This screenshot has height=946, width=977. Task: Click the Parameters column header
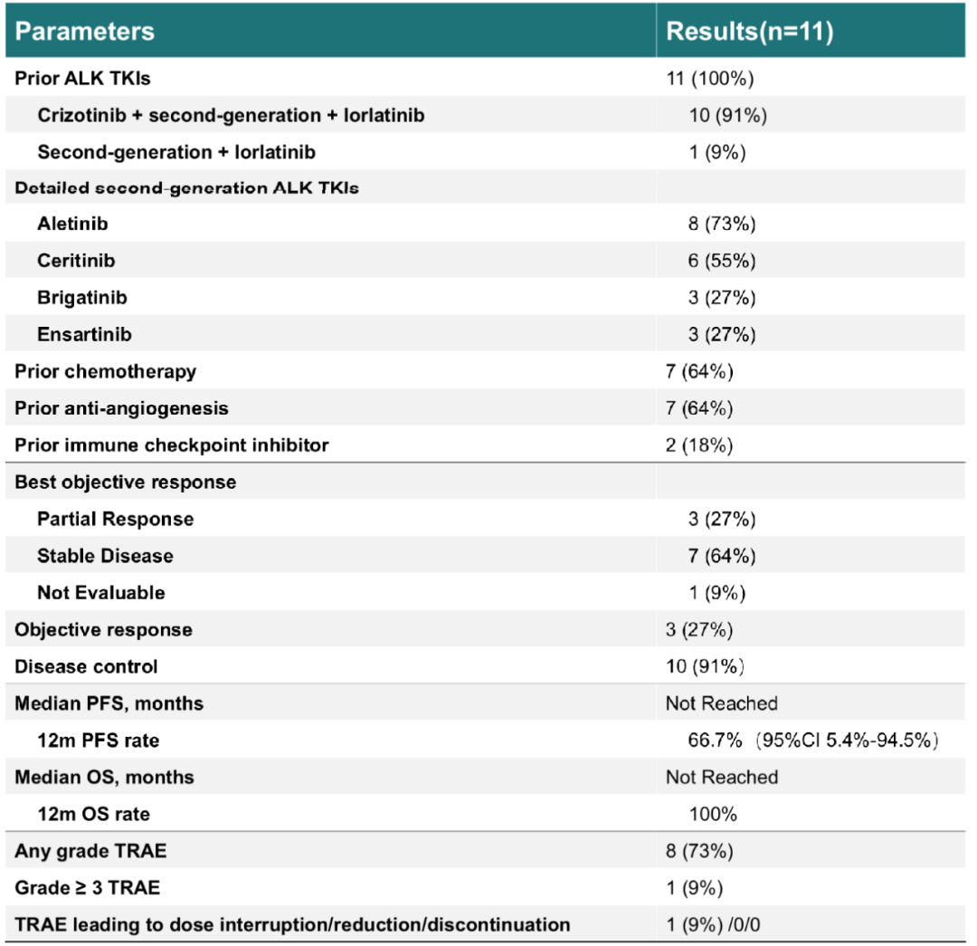(84, 31)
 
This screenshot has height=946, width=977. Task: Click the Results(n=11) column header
(750, 31)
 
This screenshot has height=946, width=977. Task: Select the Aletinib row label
(72, 224)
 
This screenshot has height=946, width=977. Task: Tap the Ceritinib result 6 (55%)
(722, 260)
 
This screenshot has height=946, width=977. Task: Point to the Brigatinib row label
(82, 298)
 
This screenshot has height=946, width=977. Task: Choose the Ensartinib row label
(84, 334)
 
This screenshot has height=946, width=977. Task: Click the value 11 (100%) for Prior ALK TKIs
(710, 78)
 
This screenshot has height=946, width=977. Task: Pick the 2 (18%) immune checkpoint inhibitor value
(699, 444)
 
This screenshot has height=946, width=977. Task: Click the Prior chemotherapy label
(105, 371)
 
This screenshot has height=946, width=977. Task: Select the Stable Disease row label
(105, 556)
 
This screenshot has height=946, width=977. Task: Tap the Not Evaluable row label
(101, 592)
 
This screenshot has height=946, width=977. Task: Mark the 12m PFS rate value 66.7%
(715, 741)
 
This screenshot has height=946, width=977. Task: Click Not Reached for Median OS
(722, 777)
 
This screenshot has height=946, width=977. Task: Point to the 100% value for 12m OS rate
(713, 814)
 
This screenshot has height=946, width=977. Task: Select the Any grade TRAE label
(90, 851)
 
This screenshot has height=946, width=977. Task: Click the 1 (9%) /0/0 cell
(713, 924)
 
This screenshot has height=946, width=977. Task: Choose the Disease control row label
(86, 666)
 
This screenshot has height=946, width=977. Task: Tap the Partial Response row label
(115, 519)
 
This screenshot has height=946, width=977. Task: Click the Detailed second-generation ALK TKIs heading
(186, 187)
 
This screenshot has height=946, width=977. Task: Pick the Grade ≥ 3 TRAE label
(87, 887)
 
